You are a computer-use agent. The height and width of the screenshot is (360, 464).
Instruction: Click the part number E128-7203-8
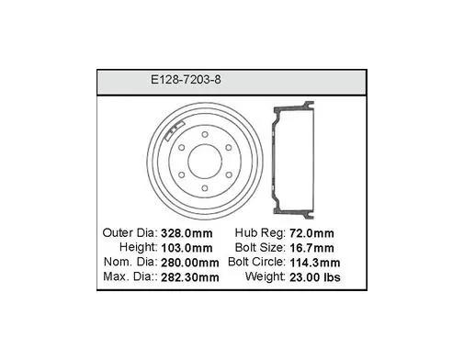click(x=186, y=80)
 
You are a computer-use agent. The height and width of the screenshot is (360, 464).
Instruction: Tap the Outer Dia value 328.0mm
click(x=187, y=233)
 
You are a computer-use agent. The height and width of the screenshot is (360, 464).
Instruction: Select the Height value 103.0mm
click(x=187, y=248)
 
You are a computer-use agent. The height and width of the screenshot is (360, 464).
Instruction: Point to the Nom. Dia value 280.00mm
click(x=190, y=263)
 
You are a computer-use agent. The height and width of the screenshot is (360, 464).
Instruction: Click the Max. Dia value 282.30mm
click(x=190, y=277)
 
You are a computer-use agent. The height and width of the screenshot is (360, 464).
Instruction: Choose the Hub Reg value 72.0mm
click(x=311, y=233)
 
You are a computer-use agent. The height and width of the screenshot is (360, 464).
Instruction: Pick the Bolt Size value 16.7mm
click(x=311, y=248)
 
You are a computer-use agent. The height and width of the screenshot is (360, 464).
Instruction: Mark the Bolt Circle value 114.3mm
click(x=315, y=263)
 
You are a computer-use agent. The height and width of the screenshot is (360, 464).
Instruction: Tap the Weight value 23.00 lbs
click(x=315, y=277)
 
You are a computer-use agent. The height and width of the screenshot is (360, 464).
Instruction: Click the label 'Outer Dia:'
click(x=130, y=233)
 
